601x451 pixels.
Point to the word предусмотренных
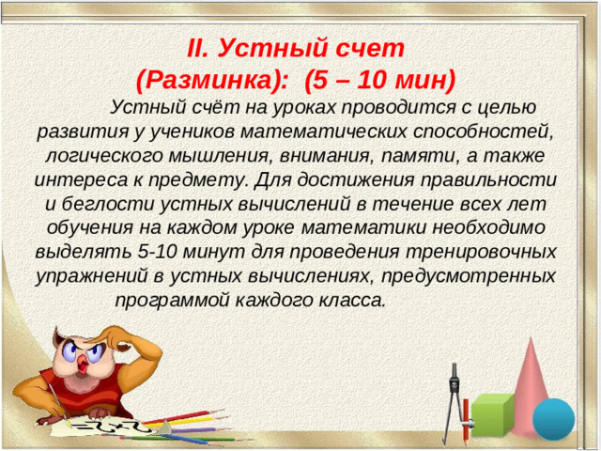click(478, 276)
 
